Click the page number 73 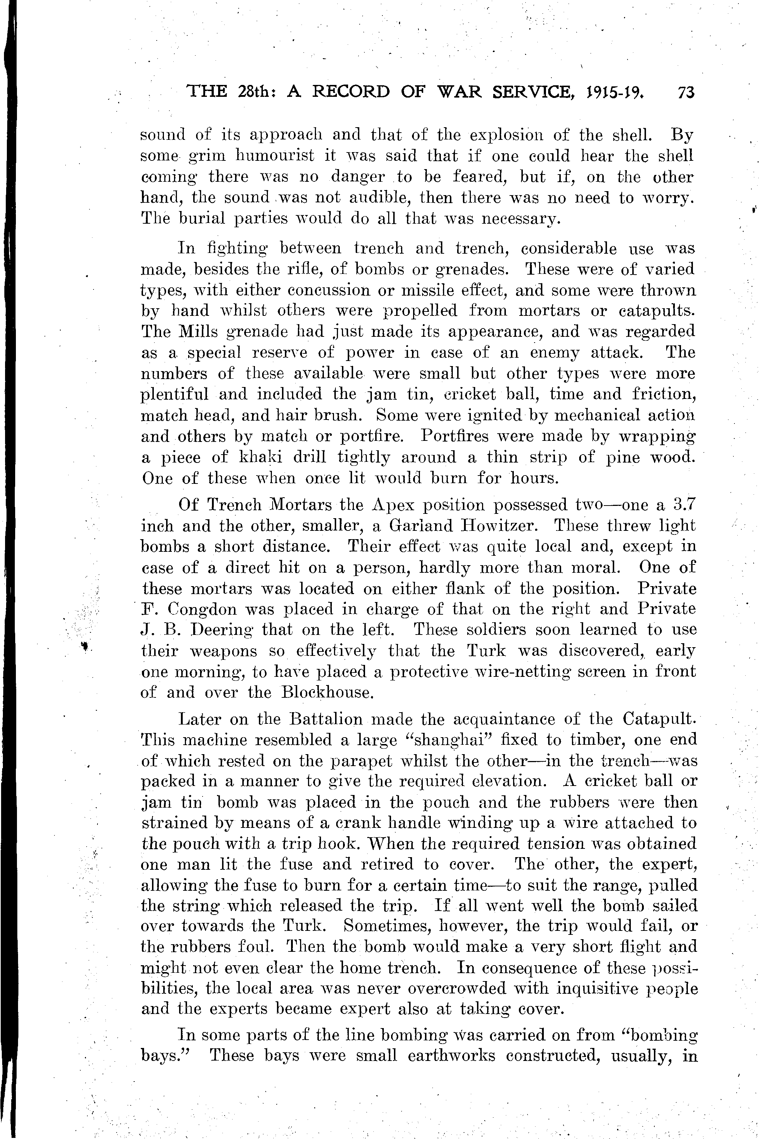(686, 92)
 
